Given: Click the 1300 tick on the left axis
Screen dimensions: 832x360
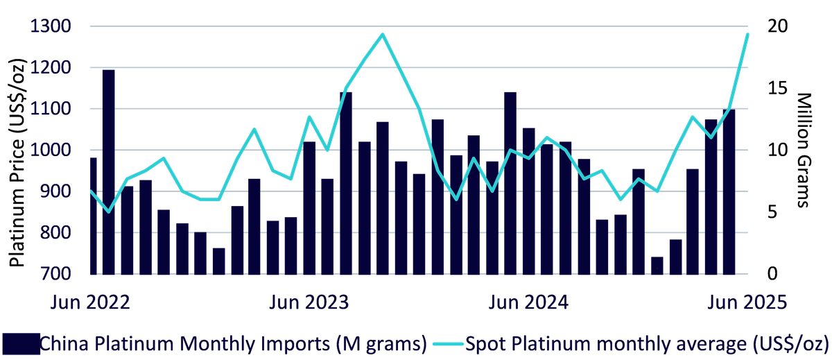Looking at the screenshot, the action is pos(51,26).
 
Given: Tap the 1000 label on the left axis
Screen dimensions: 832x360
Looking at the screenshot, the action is pos(51,150).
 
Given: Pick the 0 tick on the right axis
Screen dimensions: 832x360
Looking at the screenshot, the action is pos(772,274).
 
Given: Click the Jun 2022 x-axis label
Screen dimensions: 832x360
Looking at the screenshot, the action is pos(90,302).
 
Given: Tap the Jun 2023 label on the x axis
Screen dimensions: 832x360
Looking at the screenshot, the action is pos(309,302).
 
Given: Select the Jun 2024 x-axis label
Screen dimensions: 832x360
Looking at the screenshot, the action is pos(528,302).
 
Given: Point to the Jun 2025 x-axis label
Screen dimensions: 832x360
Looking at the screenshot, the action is pos(747,302).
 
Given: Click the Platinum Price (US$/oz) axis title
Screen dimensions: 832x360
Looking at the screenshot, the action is pos(17,163).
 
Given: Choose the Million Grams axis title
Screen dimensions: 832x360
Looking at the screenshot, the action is pos(804,150).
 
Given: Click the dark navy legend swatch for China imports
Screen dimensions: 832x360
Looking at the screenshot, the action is pos(21,343).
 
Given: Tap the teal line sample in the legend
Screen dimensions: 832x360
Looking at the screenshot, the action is pos(448,343).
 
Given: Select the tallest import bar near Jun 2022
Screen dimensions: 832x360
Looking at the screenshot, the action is pos(108,172).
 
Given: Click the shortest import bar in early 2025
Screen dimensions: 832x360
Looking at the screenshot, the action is pos(657,266).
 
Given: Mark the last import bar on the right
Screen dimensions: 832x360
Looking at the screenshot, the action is pos(729,192).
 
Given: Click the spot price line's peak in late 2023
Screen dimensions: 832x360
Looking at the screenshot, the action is pos(382,34).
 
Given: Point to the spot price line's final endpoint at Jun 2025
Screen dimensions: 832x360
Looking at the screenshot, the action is pos(747,34).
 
